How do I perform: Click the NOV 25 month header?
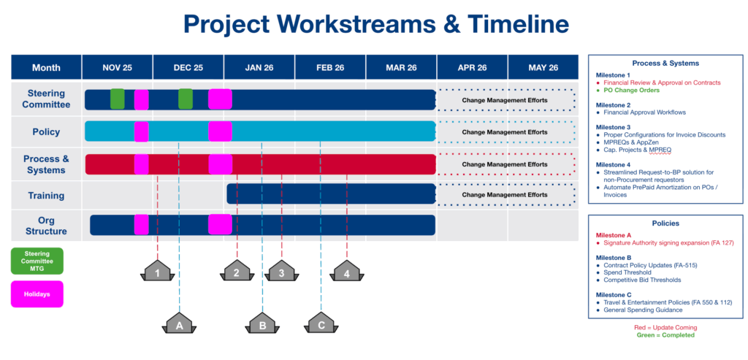[x=117, y=68]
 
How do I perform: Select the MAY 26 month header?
[x=543, y=68]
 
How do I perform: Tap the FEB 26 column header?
[x=330, y=68]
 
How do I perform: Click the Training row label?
[x=46, y=196]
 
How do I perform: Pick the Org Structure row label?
[x=46, y=226]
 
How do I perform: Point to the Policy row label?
[x=46, y=132]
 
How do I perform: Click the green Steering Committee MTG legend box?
[x=37, y=261]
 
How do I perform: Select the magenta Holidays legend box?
[x=37, y=294]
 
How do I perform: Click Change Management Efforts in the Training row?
[x=505, y=195]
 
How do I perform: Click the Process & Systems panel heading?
[x=665, y=63]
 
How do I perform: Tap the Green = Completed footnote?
[x=665, y=335]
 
